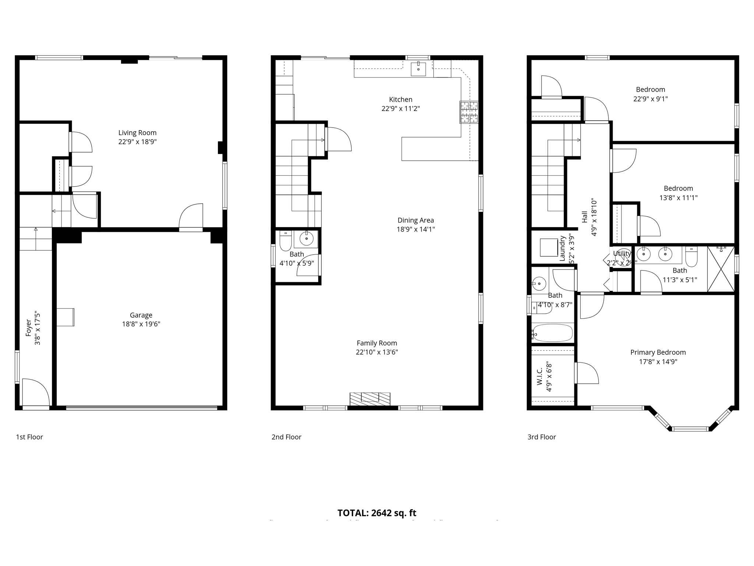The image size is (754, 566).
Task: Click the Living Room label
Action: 137,133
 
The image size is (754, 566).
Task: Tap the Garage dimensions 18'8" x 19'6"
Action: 141,324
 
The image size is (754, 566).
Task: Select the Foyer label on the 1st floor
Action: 29,328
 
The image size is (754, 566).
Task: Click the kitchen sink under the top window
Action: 418,69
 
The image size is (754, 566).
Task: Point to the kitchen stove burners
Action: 469,112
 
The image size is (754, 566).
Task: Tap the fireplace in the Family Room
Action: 370,399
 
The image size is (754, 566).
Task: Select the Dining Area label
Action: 416,220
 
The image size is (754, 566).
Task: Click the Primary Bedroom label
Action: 658,352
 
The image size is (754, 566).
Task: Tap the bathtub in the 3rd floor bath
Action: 552,333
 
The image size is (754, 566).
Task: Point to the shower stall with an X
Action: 720,269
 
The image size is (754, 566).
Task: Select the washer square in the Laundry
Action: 549,247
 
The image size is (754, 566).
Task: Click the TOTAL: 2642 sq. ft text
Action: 377,513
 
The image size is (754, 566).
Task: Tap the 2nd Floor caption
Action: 286,437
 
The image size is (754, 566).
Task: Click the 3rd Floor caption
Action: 542,437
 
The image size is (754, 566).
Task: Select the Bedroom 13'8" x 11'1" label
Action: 678,189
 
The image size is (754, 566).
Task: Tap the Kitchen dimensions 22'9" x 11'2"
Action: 401,109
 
